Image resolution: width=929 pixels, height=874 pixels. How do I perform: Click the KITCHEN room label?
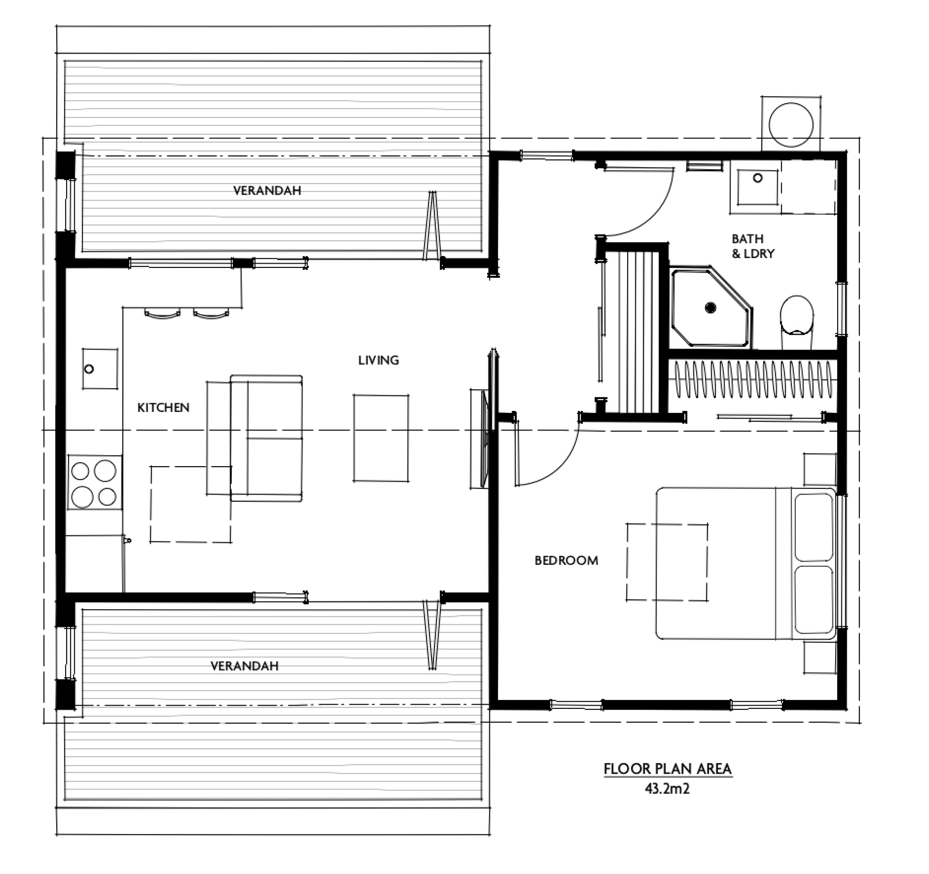click(x=163, y=408)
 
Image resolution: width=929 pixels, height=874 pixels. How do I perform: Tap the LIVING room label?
click(x=378, y=360)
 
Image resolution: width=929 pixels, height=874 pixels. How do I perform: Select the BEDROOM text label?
click(x=566, y=561)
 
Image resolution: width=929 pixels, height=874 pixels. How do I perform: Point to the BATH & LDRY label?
click(x=752, y=246)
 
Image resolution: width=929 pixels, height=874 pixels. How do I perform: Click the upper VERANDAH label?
click(x=267, y=190)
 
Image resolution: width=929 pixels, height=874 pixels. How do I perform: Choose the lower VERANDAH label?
click(x=244, y=666)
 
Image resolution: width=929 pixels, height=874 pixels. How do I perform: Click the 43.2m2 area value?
click(x=667, y=788)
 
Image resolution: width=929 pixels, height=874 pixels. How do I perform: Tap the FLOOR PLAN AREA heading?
click(x=667, y=769)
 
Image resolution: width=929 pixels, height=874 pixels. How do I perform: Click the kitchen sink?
click(x=100, y=369)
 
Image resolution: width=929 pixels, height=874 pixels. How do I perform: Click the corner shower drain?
click(x=711, y=308)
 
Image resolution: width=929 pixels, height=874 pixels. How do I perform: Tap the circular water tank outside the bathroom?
click(x=791, y=124)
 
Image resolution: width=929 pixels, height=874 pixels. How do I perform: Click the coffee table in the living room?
click(x=381, y=438)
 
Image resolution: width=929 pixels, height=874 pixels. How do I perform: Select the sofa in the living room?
click(x=266, y=438)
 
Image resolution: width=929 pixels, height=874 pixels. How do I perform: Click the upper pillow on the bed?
click(x=814, y=527)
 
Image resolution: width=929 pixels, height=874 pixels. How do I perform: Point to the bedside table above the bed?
click(x=820, y=469)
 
